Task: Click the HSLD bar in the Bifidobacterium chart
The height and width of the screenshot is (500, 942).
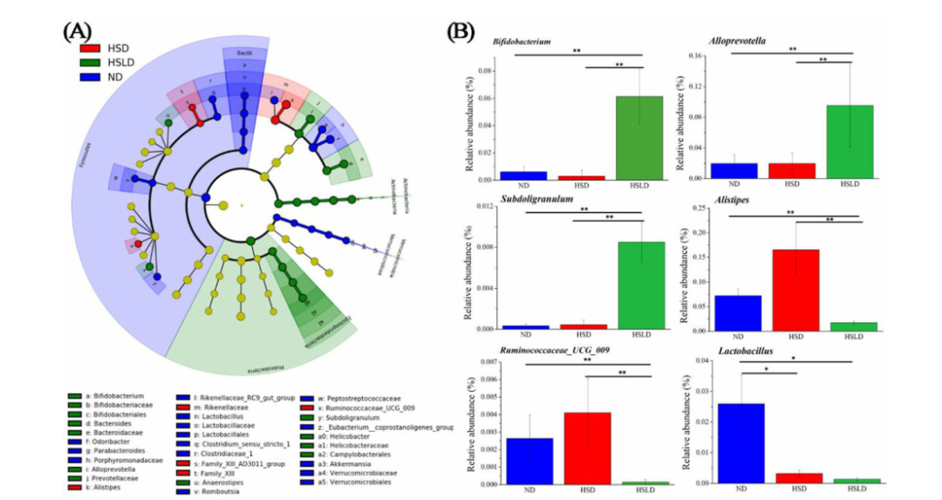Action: pos(640,137)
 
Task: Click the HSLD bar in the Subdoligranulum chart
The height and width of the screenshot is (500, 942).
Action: pos(640,285)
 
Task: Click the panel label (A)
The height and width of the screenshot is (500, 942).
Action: pos(77,31)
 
